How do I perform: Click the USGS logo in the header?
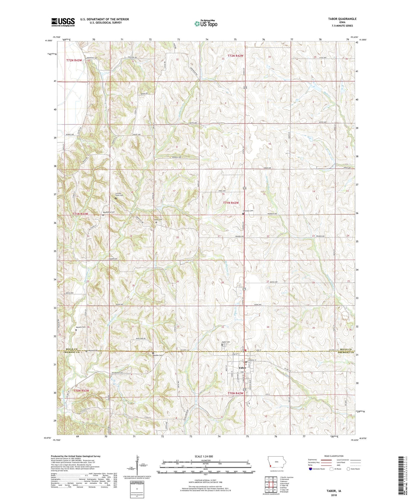[x=63, y=22]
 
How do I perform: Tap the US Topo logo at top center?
[x=206, y=24]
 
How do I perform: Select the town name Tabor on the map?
[x=242, y=368]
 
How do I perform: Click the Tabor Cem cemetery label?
[x=226, y=342]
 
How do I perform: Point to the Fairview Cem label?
[x=248, y=211]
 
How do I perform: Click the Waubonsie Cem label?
[x=109, y=212]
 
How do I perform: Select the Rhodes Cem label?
[x=158, y=355]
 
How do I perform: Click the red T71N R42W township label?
[x=231, y=203]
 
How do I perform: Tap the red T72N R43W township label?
[x=74, y=61]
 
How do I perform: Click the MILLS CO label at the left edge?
[x=72, y=349]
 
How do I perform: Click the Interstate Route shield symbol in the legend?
[x=311, y=469]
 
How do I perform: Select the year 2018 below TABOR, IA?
[x=334, y=495]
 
